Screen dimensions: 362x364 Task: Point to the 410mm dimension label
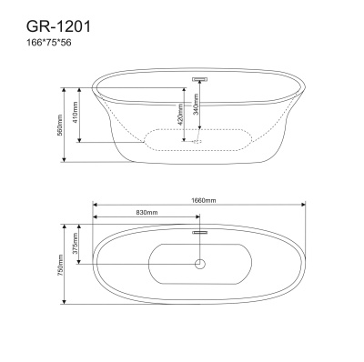[76, 114]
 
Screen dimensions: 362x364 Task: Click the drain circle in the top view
[198, 266]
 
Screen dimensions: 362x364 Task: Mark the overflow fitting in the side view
[198, 79]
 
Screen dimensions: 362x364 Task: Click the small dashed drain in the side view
[198, 141]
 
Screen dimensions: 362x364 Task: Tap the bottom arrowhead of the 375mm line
[82, 263]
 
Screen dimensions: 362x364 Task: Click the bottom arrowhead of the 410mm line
[82, 141]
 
